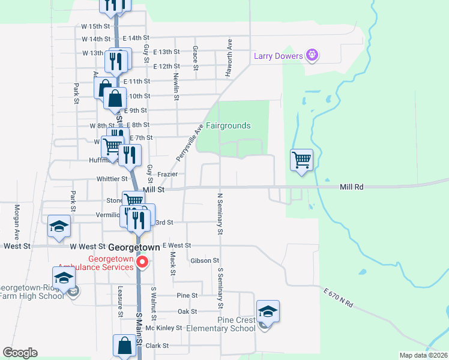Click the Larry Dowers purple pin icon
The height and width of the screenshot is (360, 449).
(312, 56)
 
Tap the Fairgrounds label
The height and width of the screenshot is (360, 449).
(228, 126)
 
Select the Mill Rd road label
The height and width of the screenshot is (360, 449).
(351, 187)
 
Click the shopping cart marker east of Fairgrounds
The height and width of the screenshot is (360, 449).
(301, 160)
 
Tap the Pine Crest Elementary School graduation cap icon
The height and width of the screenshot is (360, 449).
(268, 311)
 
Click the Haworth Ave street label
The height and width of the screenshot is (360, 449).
(229, 58)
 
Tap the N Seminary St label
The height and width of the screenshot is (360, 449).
(220, 213)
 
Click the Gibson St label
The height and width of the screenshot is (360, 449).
(205, 260)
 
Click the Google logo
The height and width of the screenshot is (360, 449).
(20, 353)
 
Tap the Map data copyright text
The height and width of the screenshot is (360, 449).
(423, 355)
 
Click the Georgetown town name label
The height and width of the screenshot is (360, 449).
(134, 247)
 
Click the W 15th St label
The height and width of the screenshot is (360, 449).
(96, 26)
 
